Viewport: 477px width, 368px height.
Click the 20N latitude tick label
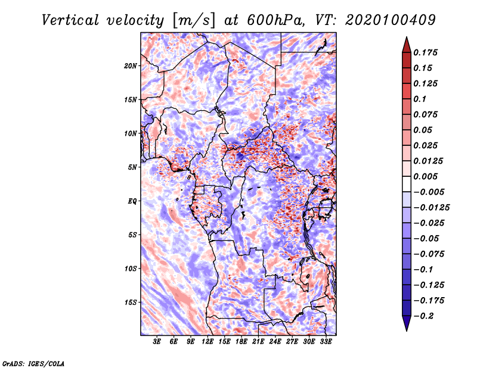click(131, 66)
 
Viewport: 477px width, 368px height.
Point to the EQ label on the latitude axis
click(132, 201)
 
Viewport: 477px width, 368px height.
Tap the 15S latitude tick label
click(131, 302)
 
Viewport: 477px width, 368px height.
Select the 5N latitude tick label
click(132, 167)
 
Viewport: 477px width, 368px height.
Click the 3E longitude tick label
click(157, 342)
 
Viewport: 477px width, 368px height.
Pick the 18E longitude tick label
click(241, 342)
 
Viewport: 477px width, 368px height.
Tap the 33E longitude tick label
click(326, 342)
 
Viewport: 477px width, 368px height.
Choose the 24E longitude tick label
click(275, 342)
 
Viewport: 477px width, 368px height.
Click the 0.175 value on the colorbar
click(426, 52)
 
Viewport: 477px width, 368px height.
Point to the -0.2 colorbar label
click(423, 316)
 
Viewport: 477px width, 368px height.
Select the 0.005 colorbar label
click(426, 176)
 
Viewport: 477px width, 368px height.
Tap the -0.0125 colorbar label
click(431, 208)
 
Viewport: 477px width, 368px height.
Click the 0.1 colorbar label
click(420, 99)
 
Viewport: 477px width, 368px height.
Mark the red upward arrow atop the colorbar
click(407, 45)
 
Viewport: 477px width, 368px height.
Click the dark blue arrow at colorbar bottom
click(407, 323)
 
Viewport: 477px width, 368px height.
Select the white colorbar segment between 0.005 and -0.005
click(407, 184)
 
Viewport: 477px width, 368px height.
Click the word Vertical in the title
click(70, 20)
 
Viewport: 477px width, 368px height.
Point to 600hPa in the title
click(275, 20)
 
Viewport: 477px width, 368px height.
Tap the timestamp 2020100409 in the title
click(391, 20)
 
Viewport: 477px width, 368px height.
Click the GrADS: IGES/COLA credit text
click(33, 363)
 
